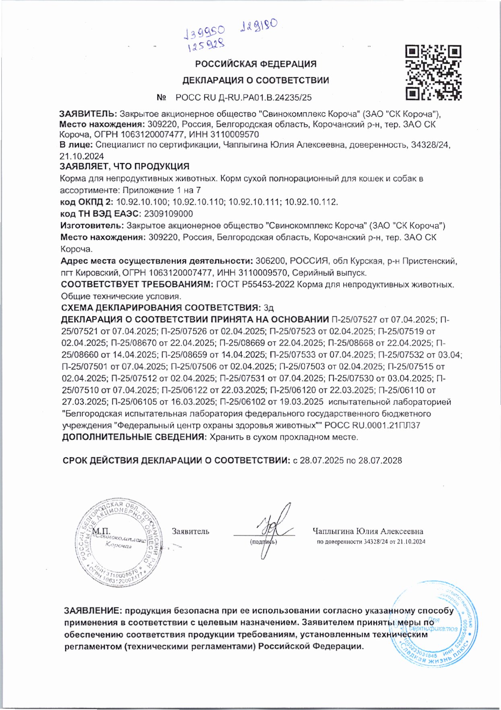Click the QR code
click(x=433, y=72)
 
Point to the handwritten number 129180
click(x=258, y=25)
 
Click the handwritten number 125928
click(x=206, y=45)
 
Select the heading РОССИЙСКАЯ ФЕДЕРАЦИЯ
click(x=256, y=64)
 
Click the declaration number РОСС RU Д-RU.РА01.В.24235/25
click(x=243, y=97)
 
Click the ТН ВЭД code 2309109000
click(x=168, y=214)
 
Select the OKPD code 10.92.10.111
click(x=254, y=202)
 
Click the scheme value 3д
click(x=268, y=308)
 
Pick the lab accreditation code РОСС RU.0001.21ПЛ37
click(x=372, y=425)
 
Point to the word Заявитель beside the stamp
click(x=190, y=531)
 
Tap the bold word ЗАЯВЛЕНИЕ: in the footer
click(x=92, y=611)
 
